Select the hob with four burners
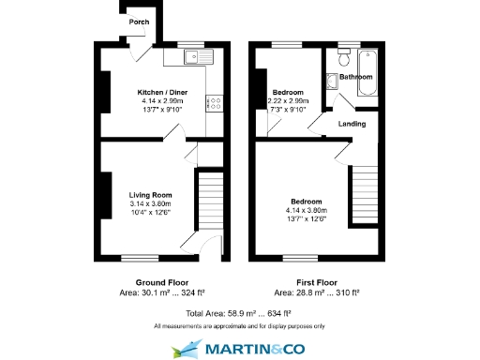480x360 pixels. pos(215,103)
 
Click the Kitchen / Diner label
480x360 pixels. pos(161,92)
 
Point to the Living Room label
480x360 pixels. pos(151,195)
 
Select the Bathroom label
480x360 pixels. pos(355,77)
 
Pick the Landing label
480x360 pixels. pos(352,123)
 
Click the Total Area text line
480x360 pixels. pos(239,312)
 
